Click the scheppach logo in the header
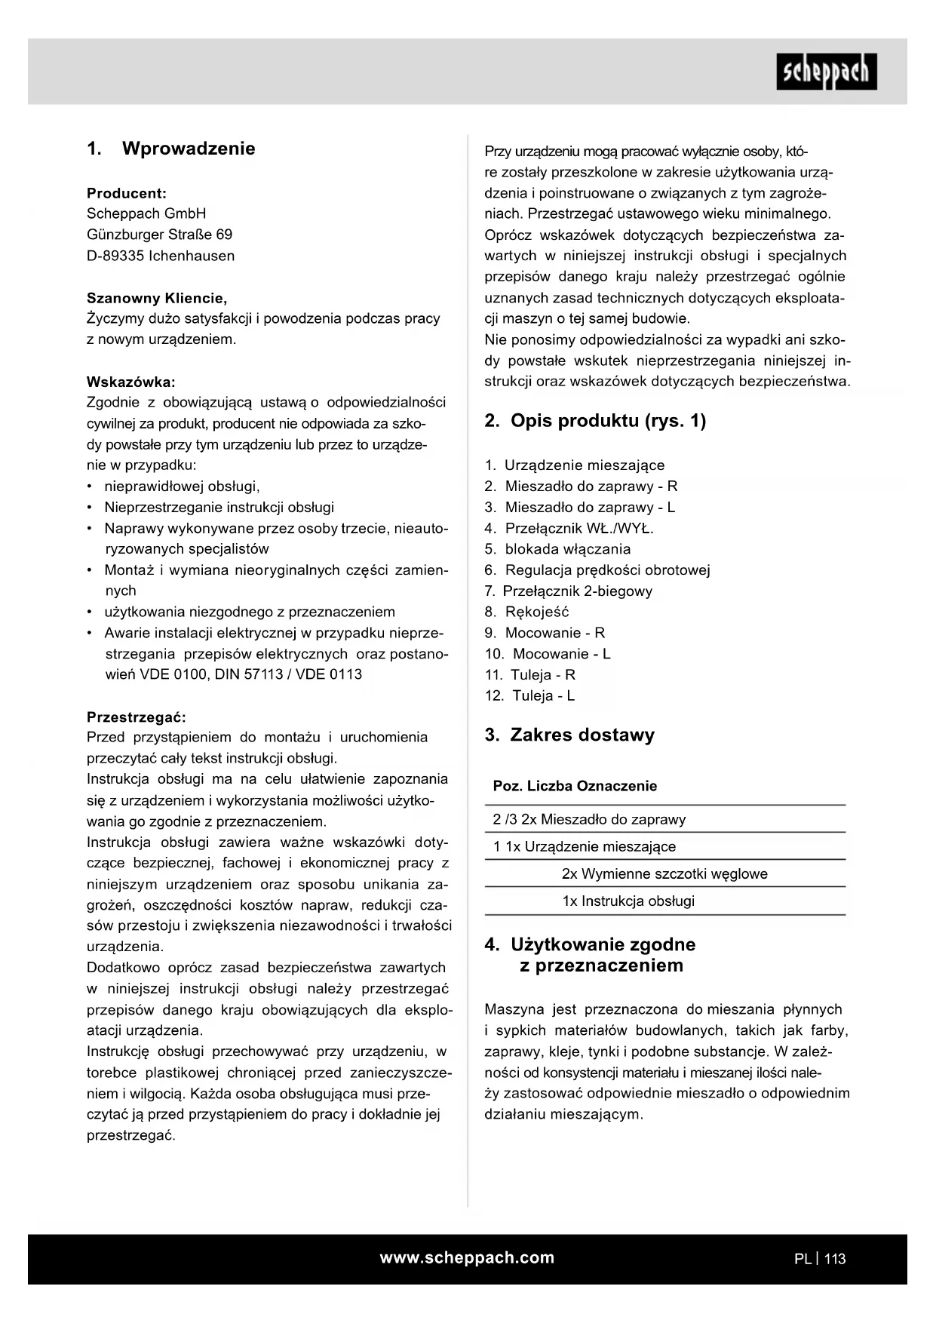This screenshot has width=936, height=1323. [827, 72]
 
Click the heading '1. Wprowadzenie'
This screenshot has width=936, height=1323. [171, 149]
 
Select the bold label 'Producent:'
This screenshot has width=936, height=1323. [127, 193]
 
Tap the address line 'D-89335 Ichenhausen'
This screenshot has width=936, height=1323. [161, 256]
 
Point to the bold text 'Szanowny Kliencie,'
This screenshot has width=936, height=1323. [157, 298]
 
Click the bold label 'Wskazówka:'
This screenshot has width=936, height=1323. [131, 382]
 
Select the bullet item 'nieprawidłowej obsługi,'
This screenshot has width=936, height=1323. [182, 487]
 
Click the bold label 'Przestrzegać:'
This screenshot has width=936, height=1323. [136, 717]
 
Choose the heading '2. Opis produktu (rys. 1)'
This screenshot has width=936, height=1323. [596, 421]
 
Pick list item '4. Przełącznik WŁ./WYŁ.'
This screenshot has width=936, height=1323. [569, 529]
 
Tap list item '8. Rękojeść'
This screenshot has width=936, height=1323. [527, 612]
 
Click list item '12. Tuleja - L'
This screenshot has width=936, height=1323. [530, 696]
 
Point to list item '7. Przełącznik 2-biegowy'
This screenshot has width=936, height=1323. [569, 591]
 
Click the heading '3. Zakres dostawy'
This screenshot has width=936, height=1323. [569, 735]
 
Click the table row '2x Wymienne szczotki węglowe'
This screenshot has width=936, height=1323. [664, 874]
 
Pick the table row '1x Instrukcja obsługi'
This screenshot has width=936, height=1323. [628, 901]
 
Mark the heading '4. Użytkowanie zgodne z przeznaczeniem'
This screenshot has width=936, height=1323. [591, 955]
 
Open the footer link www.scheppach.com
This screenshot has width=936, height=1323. [467, 1258]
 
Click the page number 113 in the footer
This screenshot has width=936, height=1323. [835, 1259]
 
